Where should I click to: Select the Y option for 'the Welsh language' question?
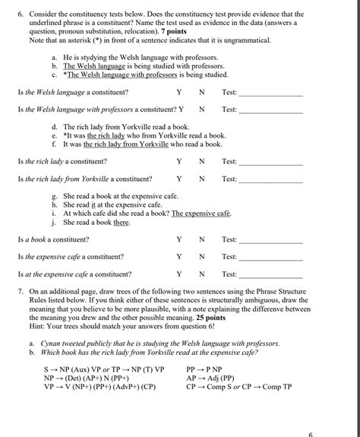pos(179,93)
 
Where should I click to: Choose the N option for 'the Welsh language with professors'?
pos(202,109)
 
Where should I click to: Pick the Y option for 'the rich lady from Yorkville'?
pos(179,179)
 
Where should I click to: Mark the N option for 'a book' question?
pos(202,239)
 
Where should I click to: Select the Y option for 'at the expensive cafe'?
pos(179,274)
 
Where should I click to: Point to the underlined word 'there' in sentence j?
pos(122,223)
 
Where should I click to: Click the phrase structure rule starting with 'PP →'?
pos(209,369)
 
